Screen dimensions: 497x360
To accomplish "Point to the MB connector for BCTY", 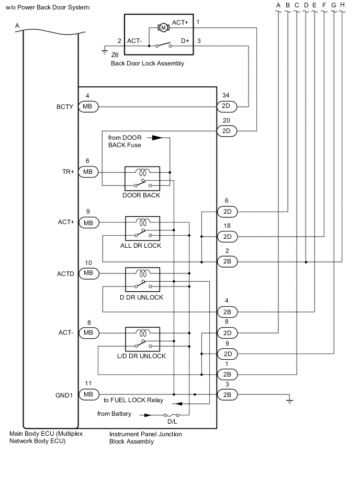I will (88, 107).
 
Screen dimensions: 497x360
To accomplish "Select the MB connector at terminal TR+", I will (88, 172).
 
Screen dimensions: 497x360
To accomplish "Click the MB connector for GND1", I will (88, 394).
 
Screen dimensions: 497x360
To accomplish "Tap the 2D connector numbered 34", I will (227, 107).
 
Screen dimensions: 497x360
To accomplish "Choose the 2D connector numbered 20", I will (227, 131).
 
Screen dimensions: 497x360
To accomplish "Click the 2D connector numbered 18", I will (227, 237).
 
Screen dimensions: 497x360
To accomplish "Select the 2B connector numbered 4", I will (227, 312).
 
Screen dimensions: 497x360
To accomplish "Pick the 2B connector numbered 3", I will (227, 394).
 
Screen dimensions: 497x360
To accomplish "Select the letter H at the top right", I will (342, 5).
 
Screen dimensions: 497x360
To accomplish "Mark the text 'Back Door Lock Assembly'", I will (148, 63).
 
